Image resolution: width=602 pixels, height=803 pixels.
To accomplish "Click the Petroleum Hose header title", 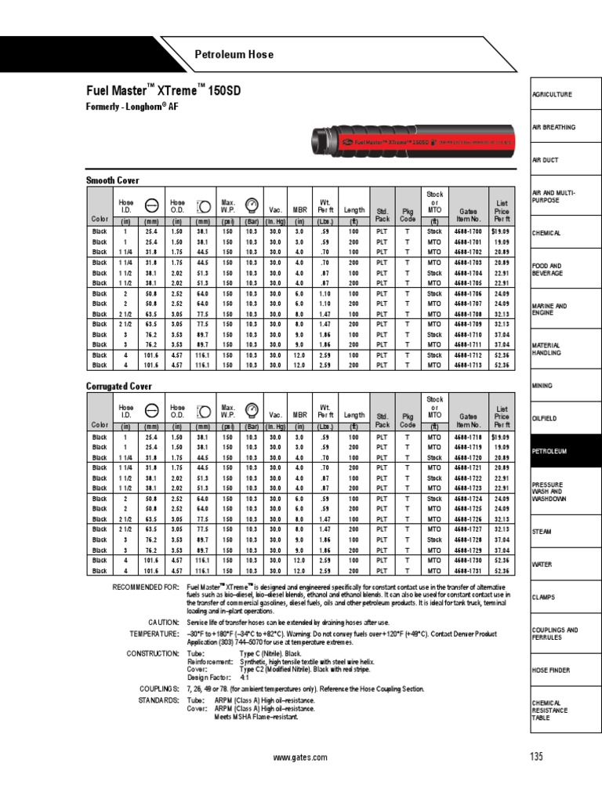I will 234,54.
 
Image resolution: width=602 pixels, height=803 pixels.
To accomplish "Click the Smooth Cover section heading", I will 111,180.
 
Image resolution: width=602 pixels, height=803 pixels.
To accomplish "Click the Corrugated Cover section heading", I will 118,387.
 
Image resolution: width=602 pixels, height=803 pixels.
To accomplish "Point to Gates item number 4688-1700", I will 468,232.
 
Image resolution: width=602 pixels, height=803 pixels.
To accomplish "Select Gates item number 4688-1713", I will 468,365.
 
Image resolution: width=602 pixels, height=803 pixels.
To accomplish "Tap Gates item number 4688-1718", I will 468,437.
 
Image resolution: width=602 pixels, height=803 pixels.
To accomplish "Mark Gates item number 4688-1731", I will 468,570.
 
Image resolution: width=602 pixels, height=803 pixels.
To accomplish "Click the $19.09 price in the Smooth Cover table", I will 501,232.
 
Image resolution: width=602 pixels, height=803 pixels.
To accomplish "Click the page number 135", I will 535,757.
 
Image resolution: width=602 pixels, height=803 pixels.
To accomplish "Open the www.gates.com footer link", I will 293,758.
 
